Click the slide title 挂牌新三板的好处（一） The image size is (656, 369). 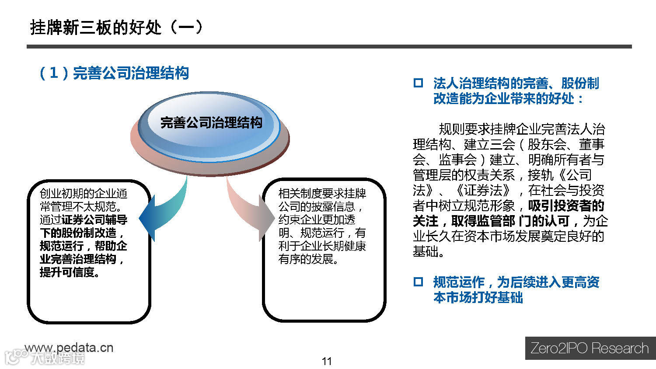pyautogui.click(x=116, y=27)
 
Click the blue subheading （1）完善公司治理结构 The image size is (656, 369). pyautogui.click(x=114, y=73)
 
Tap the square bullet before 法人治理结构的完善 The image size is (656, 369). pyautogui.click(x=418, y=83)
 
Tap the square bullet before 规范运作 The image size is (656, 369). pyautogui.click(x=418, y=282)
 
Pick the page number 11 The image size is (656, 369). pyautogui.click(x=327, y=361)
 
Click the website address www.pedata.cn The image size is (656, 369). pyautogui.click(x=69, y=348)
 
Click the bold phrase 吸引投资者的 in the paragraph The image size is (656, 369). pyautogui.click(x=566, y=205)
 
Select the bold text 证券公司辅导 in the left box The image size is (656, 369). pyautogui.click(x=94, y=219)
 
